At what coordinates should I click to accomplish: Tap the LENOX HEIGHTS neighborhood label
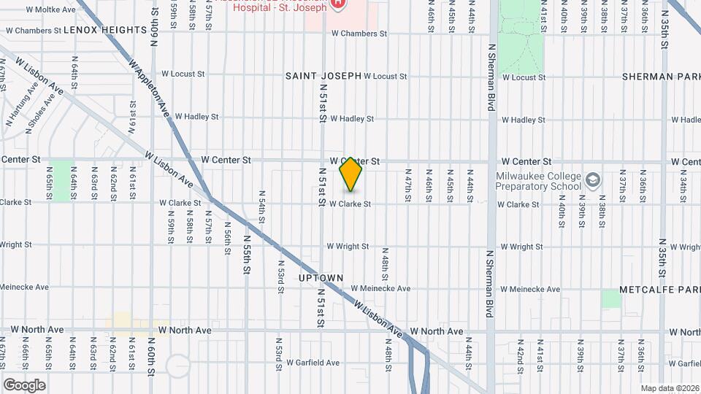[105, 30]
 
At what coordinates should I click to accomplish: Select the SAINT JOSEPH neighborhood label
[323, 76]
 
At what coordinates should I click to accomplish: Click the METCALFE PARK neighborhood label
[659, 290]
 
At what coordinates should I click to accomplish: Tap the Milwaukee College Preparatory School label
[548, 182]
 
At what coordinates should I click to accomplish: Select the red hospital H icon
[338, 4]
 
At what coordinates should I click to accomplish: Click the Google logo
[24, 385]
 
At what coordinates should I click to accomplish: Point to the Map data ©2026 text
[669, 388]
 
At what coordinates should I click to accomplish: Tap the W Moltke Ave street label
[50, 9]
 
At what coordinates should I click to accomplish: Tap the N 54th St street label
[261, 206]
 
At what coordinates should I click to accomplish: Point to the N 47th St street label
[407, 185]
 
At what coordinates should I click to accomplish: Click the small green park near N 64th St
[63, 180]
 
